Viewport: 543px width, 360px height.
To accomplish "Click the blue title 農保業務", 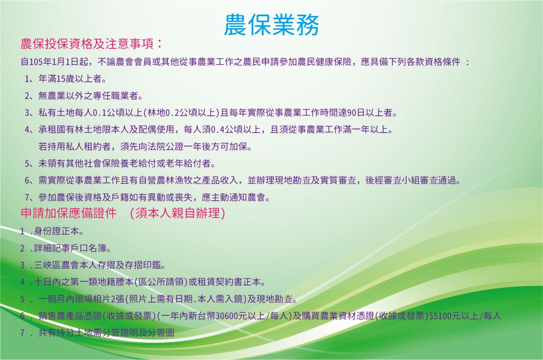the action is (x=271, y=25).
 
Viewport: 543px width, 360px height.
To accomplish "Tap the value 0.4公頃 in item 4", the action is (x=224, y=130).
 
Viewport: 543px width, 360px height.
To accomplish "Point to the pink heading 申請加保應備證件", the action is (x=68, y=213).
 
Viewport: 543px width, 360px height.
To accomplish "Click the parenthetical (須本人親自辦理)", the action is (x=178, y=213).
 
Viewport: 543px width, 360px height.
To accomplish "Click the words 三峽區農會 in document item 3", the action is (x=57, y=265).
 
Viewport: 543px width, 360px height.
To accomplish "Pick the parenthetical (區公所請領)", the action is (x=161, y=282).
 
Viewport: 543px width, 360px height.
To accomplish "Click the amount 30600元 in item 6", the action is (x=231, y=316).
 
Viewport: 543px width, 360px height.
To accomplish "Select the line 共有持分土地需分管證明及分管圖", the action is (x=106, y=332).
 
